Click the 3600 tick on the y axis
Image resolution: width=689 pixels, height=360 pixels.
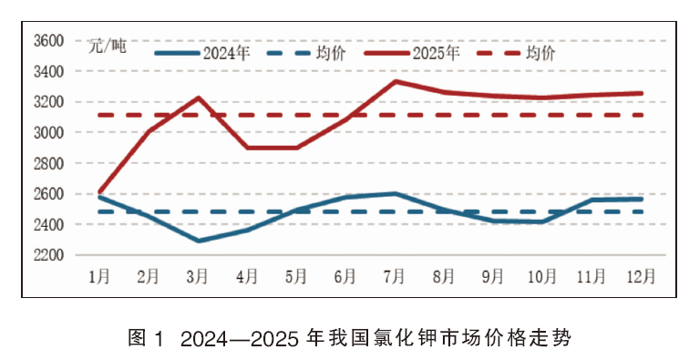[49, 41]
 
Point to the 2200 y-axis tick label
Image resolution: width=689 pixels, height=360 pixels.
[49, 255]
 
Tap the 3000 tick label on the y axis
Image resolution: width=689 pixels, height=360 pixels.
[49, 132]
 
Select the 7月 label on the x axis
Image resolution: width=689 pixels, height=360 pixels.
[394, 276]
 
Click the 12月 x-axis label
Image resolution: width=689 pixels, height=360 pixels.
[641, 276]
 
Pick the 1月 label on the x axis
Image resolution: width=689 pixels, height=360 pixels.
[98, 276]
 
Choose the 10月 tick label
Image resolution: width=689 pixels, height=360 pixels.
[542, 276]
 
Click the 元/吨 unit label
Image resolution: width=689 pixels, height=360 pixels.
[107, 46]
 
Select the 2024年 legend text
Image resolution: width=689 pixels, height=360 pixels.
[226, 53]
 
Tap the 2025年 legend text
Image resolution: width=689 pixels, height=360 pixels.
[436, 53]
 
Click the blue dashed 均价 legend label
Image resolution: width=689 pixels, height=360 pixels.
[331, 53]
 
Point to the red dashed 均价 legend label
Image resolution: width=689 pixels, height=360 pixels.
[541, 53]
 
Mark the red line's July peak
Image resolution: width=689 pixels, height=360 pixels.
[396, 81]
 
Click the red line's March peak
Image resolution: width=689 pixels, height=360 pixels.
[199, 98]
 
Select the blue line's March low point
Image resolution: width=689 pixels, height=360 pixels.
[199, 241]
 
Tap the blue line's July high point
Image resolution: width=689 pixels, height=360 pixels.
[396, 193]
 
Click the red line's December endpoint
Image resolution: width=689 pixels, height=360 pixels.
[642, 93]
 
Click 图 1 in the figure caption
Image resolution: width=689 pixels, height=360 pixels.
[146, 338]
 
